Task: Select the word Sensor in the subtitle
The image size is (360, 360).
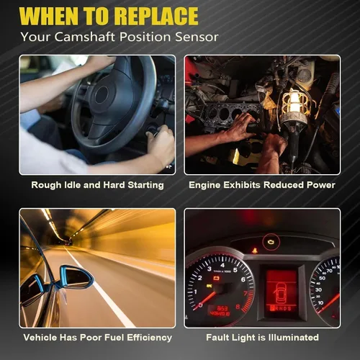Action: pyautogui.click(x=197, y=37)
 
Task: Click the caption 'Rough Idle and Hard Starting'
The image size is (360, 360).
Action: pyautogui.click(x=97, y=185)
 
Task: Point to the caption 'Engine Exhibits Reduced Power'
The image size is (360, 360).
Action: pyautogui.click(x=262, y=185)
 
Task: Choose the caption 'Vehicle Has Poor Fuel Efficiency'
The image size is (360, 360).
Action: pyautogui.click(x=98, y=338)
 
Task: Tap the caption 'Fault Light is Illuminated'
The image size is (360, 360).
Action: pyautogui.click(x=262, y=338)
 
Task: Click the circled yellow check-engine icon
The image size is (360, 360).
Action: pyautogui.click(x=271, y=242)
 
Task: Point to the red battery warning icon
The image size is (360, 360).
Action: pyautogui.click(x=217, y=279)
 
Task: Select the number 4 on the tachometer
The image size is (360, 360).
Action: pyautogui.click(x=222, y=265)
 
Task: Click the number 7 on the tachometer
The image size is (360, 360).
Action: pyautogui.click(x=246, y=294)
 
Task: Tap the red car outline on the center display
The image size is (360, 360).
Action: pyautogui.click(x=280, y=292)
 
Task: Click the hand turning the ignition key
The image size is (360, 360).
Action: pyautogui.click(x=161, y=145)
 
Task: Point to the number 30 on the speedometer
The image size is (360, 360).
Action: pyautogui.click(x=318, y=289)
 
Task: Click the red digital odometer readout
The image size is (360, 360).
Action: pyautogui.click(x=220, y=311)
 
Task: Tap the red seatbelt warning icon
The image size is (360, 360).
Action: pyautogui.click(x=254, y=251)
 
